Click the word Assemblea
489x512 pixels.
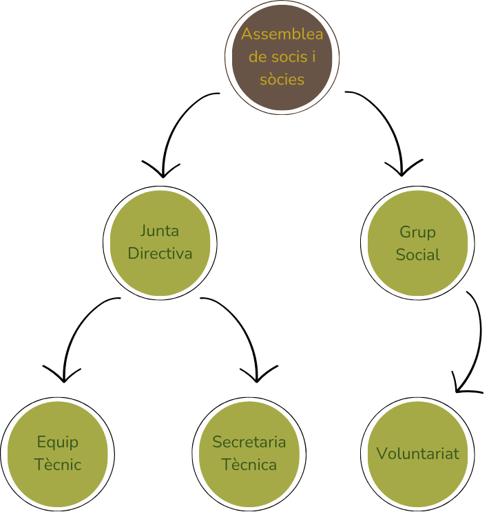coord(282,34)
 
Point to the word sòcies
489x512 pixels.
coord(282,79)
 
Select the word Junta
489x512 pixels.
coord(160,230)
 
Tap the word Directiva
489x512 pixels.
coord(160,253)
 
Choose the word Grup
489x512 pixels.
coord(417,232)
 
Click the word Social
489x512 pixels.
coord(417,255)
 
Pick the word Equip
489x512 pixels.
coord(58,442)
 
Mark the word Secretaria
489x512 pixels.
coord(249,442)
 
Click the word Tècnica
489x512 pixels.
coord(249,465)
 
